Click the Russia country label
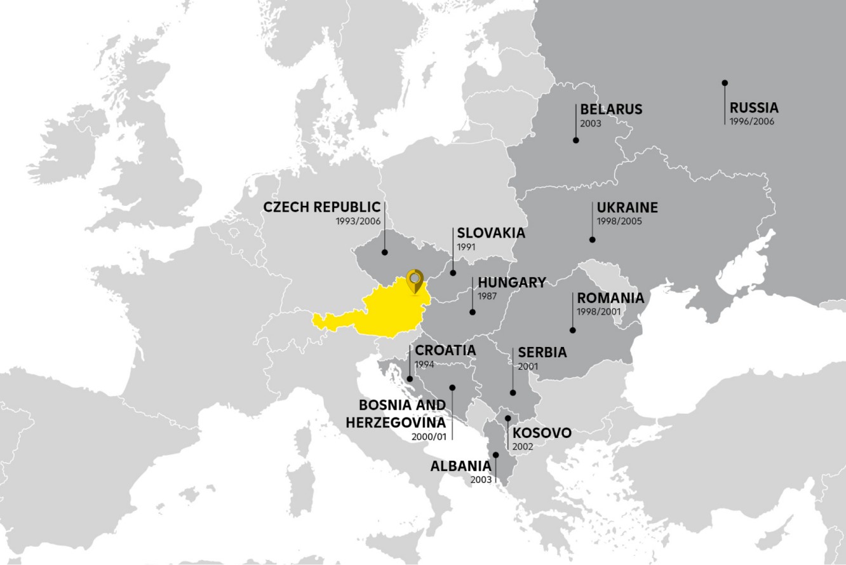point(754,107)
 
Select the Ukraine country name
point(627,208)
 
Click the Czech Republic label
point(321,207)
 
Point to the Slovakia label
point(491,233)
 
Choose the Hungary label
point(512,282)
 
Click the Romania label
point(610,298)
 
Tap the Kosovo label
point(542,433)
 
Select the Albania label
point(461,466)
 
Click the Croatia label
point(445,351)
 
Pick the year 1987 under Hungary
point(487,296)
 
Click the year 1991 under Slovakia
point(466,247)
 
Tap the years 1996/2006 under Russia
point(752,121)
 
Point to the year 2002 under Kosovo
point(523,446)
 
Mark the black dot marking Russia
point(725,83)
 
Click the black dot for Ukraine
point(592,240)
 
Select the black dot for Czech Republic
point(384,252)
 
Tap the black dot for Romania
point(572,330)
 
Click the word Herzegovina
point(396,421)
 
